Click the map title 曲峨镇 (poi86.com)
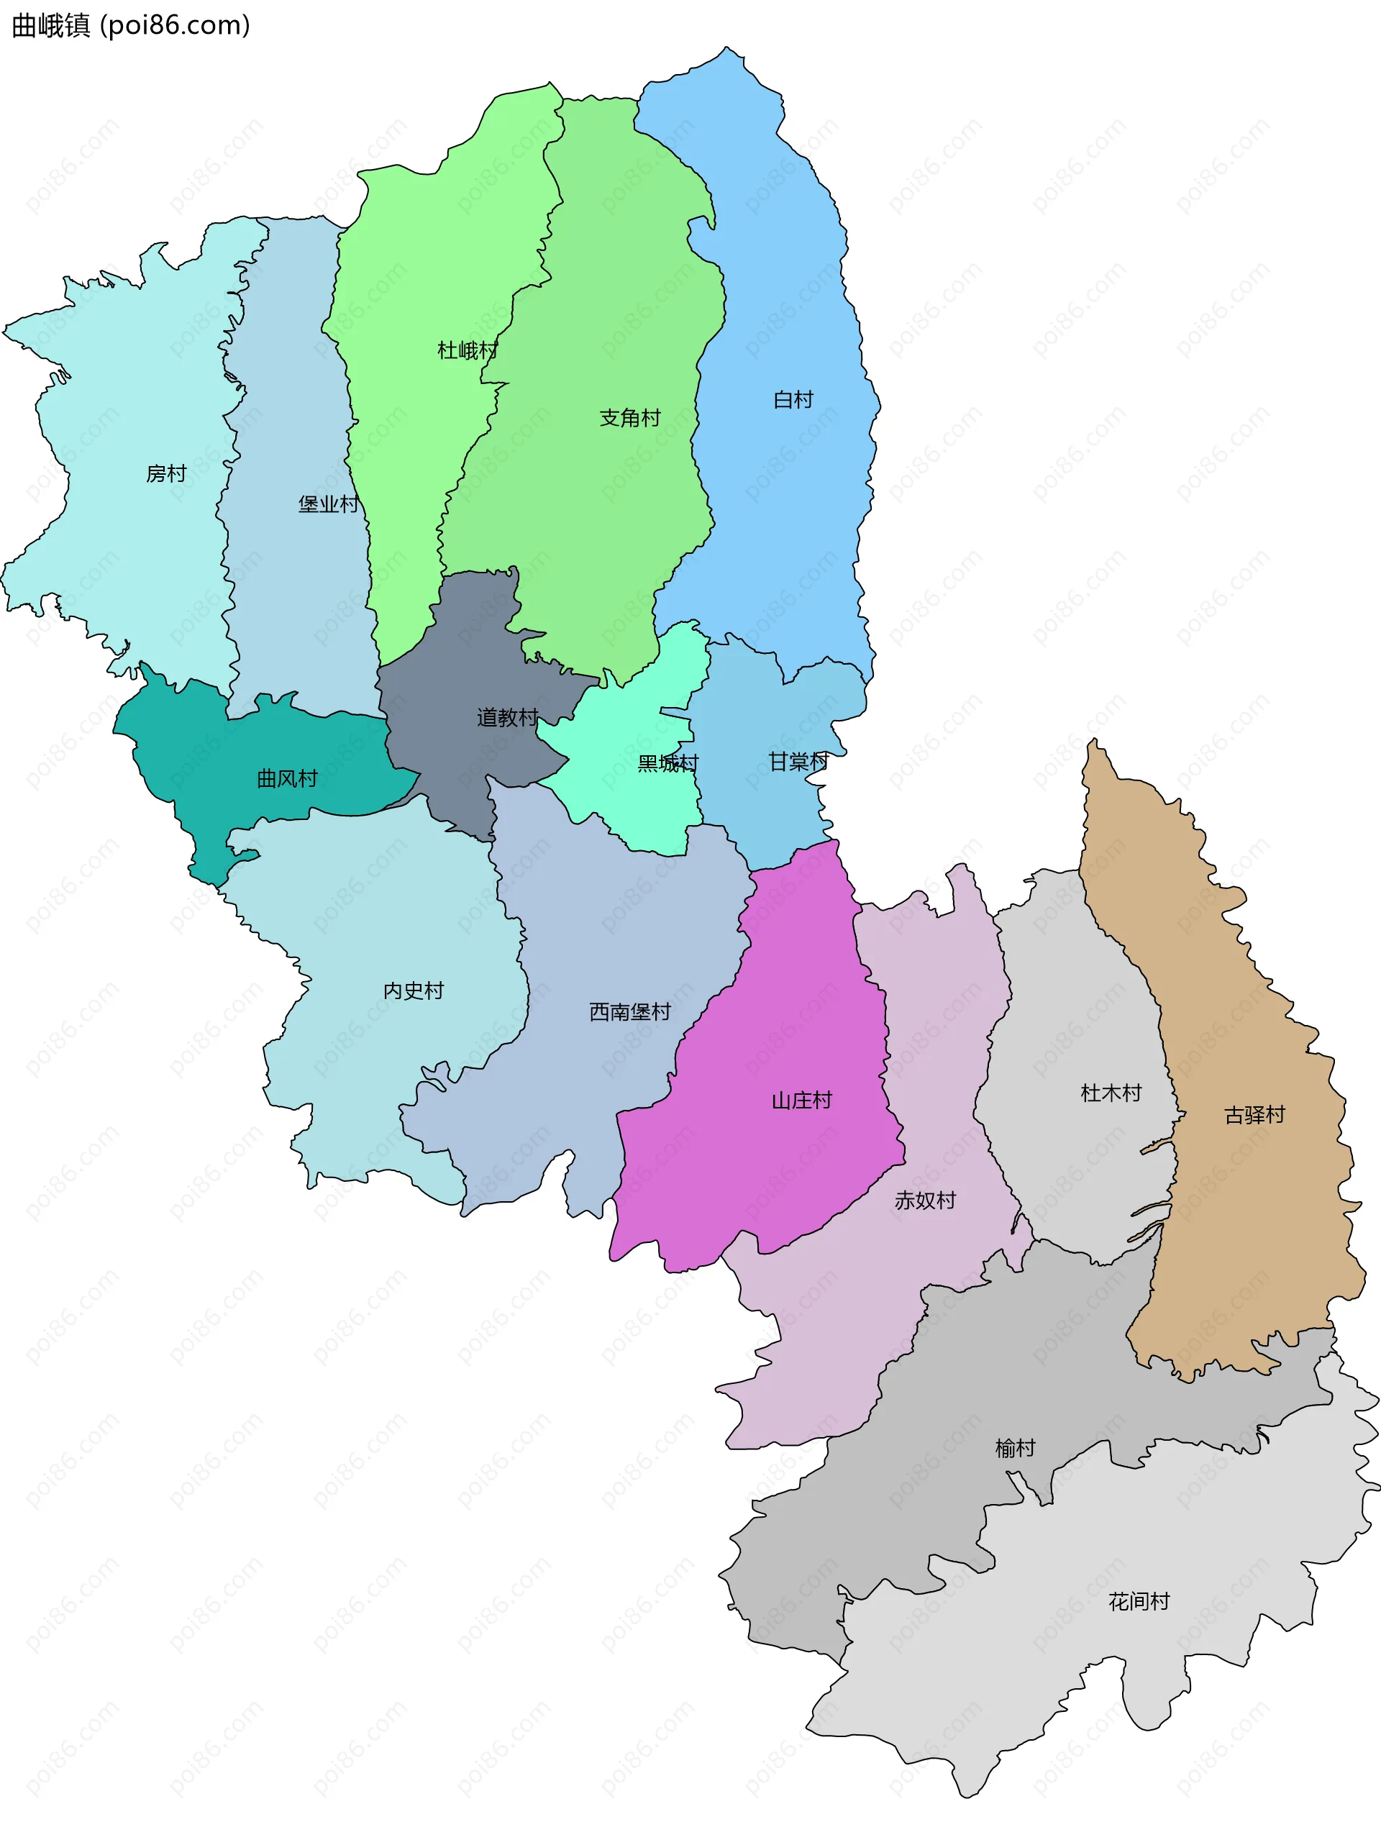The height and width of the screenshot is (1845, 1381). click(131, 26)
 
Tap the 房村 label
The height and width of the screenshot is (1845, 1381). click(166, 474)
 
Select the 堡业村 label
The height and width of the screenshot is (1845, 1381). click(329, 504)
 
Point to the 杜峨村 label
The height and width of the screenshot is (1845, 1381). click(467, 350)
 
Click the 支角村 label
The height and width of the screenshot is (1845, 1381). click(629, 418)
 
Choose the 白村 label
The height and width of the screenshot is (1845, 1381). click(793, 399)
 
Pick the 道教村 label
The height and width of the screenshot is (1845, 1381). click(507, 717)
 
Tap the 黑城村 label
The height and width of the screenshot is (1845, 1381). click(667, 763)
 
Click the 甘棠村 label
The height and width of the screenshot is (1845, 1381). click(798, 762)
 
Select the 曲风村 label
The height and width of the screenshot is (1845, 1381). click(287, 779)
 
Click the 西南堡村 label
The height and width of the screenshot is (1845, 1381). click(629, 1012)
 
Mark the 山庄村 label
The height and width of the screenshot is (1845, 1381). click(801, 1100)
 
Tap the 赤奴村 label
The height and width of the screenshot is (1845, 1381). click(925, 1201)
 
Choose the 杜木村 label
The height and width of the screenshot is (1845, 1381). click(1111, 1093)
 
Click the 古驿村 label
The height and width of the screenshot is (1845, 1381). click(1254, 1115)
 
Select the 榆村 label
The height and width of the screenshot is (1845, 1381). click(1015, 1448)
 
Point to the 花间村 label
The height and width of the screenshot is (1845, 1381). click(1139, 1601)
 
